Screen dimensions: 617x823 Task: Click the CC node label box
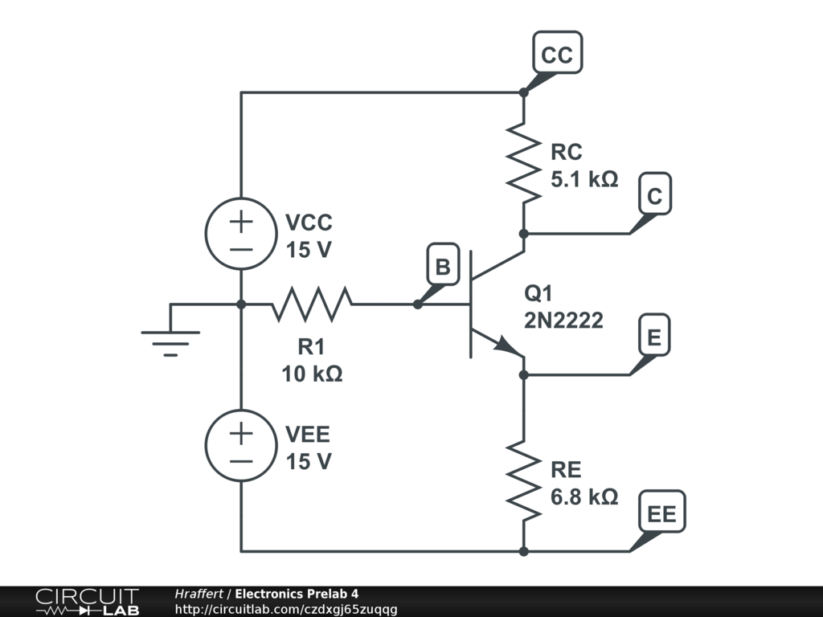557,55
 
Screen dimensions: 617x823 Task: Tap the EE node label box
662,514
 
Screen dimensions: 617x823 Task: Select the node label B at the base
442,266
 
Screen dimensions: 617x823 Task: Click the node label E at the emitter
654,338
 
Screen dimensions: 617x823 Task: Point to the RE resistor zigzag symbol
523,480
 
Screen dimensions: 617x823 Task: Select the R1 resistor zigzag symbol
312,304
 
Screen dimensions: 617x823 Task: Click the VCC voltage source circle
241,234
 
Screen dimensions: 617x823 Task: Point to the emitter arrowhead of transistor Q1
506,346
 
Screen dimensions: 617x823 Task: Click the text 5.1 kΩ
584,178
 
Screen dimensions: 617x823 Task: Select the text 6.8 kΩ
584,496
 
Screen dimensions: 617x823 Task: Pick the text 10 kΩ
312,374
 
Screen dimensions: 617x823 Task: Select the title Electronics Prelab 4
297,594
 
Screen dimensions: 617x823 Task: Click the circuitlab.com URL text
286,610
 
